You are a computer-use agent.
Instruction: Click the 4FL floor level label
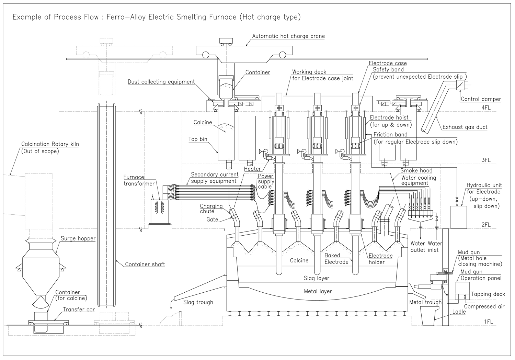click(486, 108)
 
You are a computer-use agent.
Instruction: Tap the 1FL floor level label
click(488, 322)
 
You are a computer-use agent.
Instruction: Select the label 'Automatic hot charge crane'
click(288, 36)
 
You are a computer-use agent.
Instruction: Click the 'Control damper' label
click(481, 99)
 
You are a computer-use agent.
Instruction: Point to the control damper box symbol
click(460, 85)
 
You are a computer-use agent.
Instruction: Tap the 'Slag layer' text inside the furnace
click(317, 278)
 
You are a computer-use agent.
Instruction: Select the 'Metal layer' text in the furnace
click(318, 291)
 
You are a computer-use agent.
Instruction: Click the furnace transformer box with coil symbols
click(160, 212)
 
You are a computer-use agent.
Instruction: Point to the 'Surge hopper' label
click(78, 238)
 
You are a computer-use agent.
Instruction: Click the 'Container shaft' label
click(145, 264)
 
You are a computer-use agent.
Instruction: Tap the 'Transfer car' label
click(79, 310)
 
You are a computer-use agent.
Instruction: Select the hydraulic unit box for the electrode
click(459, 217)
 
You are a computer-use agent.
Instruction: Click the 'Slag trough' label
click(198, 302)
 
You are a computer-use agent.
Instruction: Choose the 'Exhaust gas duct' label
click(465, 127)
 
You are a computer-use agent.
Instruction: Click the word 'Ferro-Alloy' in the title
click(126, 17)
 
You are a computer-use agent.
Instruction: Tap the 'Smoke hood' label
click(416, 170)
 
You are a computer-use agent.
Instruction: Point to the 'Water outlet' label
click(418, 247)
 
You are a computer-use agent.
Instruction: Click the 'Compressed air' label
click(484, 307)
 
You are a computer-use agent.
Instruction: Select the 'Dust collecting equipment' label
click(161, 82)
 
